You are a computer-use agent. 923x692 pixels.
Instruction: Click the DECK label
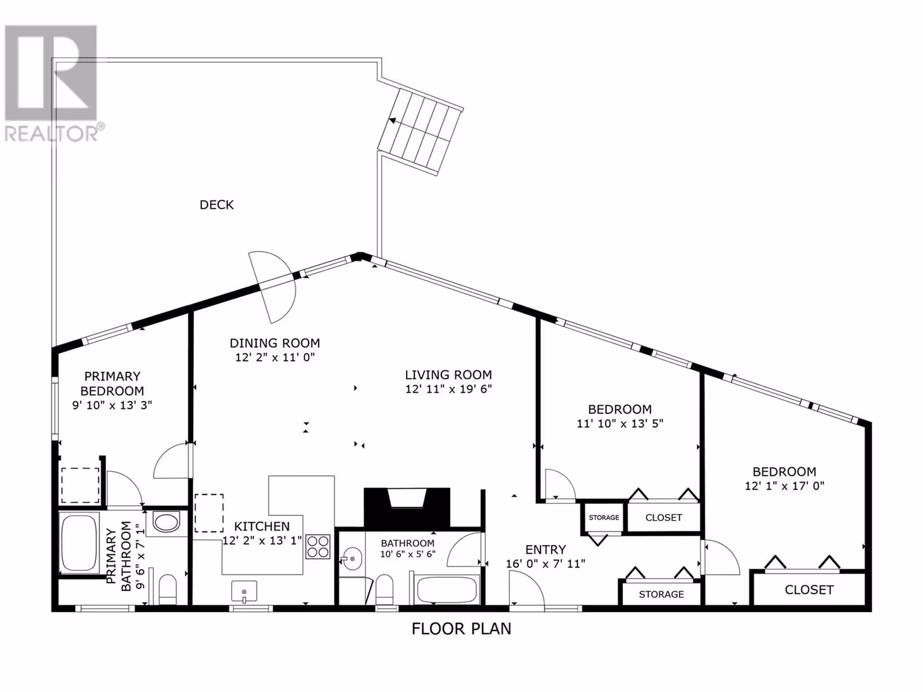click(x=216, y=205)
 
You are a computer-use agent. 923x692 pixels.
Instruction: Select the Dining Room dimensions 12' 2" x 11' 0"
click(x=275, y=358)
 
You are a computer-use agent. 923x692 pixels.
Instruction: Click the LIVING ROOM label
click(x=448, y=374)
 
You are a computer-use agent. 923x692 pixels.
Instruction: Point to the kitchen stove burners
click(x=318, y=546)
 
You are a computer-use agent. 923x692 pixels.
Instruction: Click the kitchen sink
click(x=245, y=592)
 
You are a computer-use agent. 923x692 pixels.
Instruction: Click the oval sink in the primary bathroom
click(x=167, y=522)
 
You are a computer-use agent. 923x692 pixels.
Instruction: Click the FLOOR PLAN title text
click(x=461, y=629)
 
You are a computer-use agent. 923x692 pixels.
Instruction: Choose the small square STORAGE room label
click(x=604, y=517)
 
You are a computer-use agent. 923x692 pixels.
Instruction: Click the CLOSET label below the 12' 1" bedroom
click(x=809, y=590)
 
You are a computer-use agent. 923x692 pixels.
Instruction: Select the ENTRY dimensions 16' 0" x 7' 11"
click(x=545, y=564)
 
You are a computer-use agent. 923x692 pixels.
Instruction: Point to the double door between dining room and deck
click(x=272, y=287)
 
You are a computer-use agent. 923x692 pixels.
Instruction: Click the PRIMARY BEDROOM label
click(x=112, y=383)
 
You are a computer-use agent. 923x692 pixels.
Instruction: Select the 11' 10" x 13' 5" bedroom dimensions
click(x=620, y=423)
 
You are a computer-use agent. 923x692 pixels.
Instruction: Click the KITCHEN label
click(x=262, y=526)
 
